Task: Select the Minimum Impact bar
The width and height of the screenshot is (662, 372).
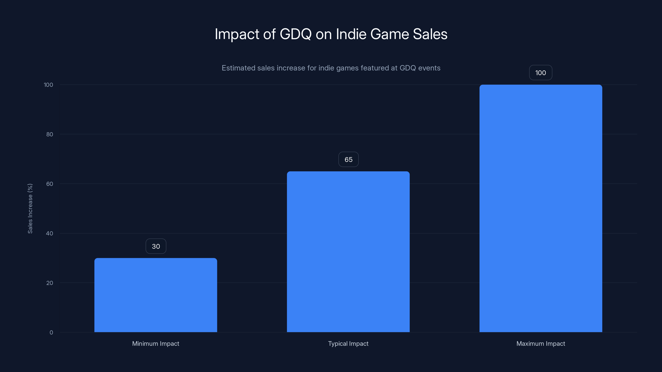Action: tap(156, 295)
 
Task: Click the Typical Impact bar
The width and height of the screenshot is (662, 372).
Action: tap(348, 252)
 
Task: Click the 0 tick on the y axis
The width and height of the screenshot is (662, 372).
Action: tap(51, 333)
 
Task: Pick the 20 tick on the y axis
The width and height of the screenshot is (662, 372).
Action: tap(50, 283)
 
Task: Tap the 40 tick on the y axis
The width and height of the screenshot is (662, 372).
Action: tap(50, 233)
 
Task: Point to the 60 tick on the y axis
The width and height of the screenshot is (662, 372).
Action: tap(50, 184)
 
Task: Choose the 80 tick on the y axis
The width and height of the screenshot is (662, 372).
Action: tap(50, 134)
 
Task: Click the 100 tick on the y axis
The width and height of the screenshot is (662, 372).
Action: tap(48, 85)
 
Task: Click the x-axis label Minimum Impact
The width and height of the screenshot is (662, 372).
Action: tap(156, 343)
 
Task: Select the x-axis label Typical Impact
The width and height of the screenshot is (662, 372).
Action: tap(348, 343)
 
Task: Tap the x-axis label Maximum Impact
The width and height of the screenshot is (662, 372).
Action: tap(541, 343)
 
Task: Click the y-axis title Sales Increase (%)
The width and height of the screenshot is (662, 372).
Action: tap(30, 209)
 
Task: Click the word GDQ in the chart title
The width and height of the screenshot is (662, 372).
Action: tap(296, 34)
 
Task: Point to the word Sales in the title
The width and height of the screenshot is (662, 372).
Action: tap(430, 34)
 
